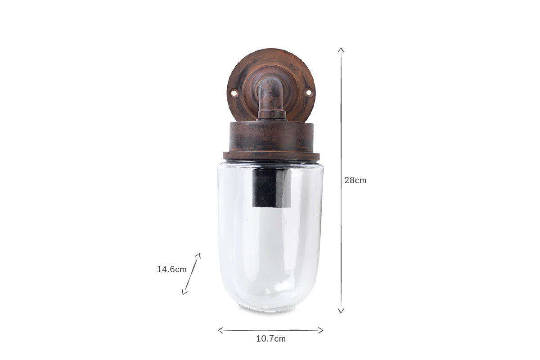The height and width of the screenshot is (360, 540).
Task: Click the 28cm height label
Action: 355,180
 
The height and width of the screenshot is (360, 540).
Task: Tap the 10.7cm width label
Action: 271,339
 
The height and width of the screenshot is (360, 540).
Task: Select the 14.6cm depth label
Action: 171,270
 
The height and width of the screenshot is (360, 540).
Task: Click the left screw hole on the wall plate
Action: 234,93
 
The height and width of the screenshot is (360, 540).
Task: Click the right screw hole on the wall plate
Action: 308,92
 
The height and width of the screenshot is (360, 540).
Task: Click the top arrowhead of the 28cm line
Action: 341,49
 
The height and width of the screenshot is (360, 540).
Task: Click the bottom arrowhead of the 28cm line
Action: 341,310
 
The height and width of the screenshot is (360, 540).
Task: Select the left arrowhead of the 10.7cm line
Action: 220,330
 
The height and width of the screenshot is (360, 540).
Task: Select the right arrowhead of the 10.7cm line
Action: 321,330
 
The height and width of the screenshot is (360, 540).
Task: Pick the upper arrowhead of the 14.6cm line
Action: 198,256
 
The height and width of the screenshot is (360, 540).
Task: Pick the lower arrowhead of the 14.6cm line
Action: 184,292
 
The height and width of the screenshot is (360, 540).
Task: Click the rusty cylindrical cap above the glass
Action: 271,136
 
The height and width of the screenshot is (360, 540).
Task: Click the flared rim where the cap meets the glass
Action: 271,157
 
